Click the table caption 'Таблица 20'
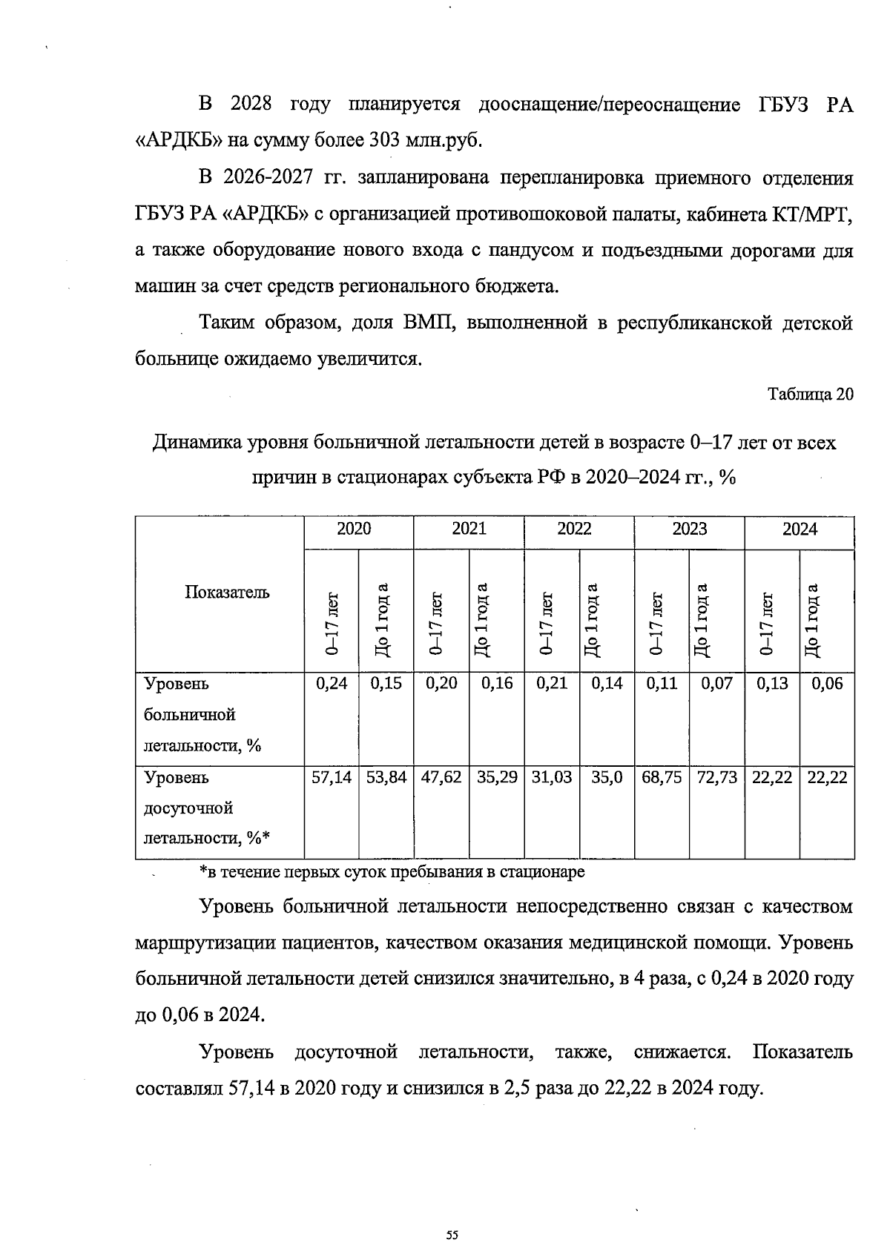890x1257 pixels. [810, 395]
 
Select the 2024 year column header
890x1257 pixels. [800, 529]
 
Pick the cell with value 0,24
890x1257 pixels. [332, 684]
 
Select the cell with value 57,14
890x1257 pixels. [332, 777]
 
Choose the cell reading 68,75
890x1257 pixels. [662, 777]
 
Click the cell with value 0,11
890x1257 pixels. [662, 684]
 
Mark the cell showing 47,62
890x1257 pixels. [441, 777]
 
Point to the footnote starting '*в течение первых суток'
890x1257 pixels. [392, 872]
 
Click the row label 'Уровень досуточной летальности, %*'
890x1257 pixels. [207, 808]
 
